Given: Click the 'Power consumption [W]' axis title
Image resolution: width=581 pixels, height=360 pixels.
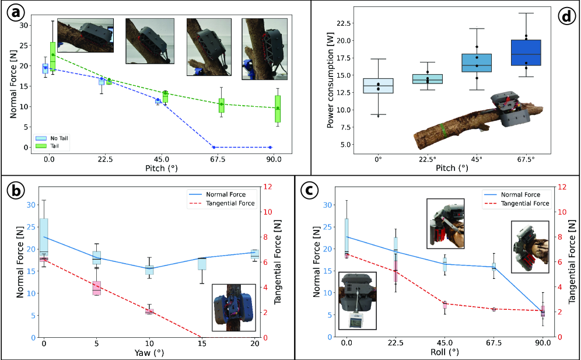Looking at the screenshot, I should pyautogui.click(x=330, y=83).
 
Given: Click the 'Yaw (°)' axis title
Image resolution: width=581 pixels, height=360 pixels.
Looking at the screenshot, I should pyautogui.click(x=149, y=352).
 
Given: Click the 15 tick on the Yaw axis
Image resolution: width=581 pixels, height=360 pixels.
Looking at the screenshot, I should pyautogui.click(x=202, y=344).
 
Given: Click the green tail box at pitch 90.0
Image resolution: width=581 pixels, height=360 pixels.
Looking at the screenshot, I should pyautogui.click(x=278, y=109).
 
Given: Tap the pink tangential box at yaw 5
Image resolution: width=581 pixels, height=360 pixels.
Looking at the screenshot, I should pyautogui.click(x=97, y=288).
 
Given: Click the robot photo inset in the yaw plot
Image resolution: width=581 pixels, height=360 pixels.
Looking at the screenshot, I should pyautogui.click(x=233, y=307).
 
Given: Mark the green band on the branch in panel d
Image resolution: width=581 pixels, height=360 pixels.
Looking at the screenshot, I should pyautogui.click(x=444, y=128).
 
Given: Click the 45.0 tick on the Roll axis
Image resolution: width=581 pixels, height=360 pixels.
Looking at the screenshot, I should pyautogui.click(x=444, y=344).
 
